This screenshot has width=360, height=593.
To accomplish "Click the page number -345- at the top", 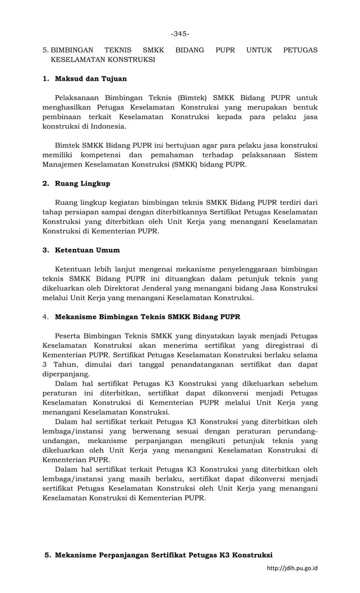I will pyautogui.click(x=180, y=34).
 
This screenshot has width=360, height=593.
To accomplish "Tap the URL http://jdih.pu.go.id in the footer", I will pyautogui.click(x=292, y=568).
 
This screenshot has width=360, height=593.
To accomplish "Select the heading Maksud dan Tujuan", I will pyautogui.click(x=90, y=78).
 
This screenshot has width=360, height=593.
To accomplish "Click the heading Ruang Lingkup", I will pyautogui.click(x=82, y=183).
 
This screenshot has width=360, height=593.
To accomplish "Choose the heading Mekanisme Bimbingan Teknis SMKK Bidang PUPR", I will pyautogui.click(x=147, y=317).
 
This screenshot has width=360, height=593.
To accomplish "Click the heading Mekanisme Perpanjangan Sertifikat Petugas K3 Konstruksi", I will pyautogui.click(x=164, y=555).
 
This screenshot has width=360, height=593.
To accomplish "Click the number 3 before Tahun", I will pyautogui.click(x=45, y=364).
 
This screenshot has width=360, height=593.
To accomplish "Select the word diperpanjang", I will pyautogui.click(x=66, y=374).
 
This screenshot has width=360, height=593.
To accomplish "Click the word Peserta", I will pyautogui.click(x=70, y=335).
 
